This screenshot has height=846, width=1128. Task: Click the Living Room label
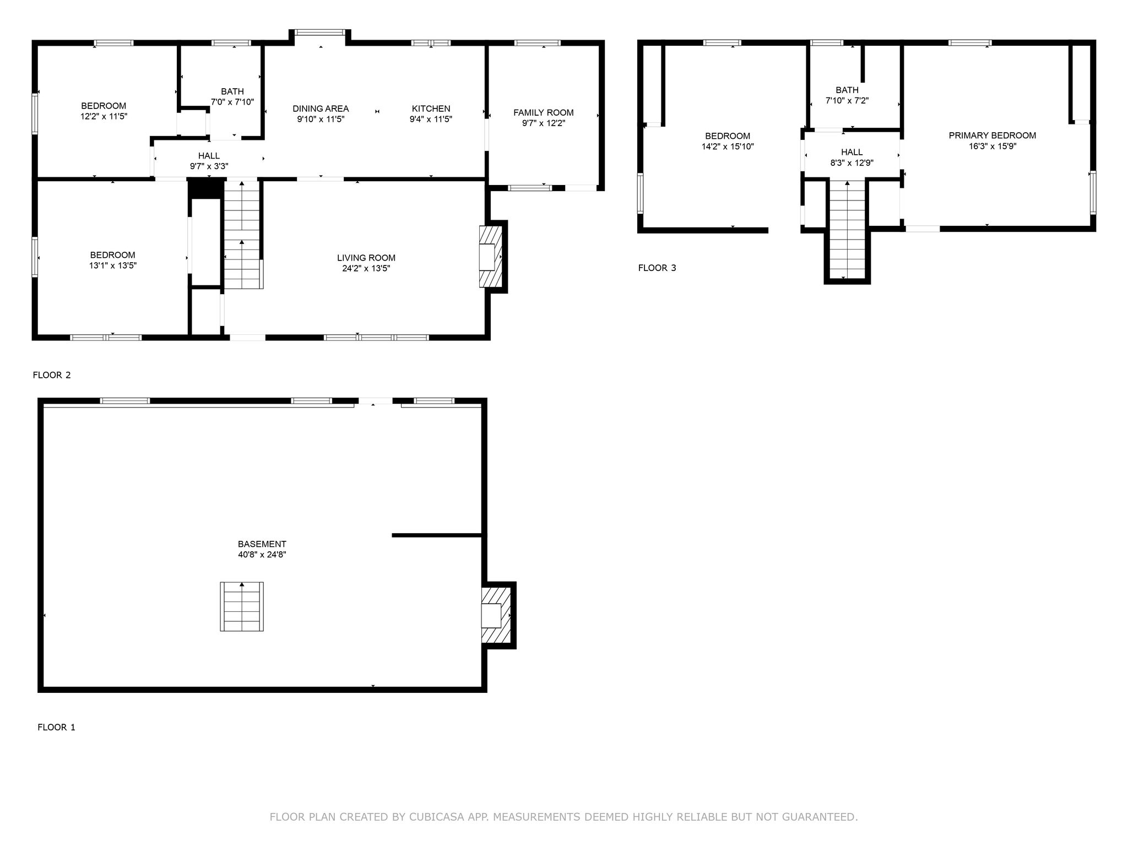(366, 258)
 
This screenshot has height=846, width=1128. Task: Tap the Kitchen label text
(431, 109)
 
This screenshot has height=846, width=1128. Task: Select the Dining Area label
(321, 109)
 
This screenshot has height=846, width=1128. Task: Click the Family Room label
(544, 112)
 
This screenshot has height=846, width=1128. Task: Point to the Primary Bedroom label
(992, 135)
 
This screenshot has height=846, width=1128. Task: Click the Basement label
(262, 544)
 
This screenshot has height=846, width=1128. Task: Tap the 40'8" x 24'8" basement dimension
(262, 555)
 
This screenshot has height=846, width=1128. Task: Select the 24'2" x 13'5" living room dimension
(366, 268)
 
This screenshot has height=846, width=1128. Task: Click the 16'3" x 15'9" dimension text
(992, 146)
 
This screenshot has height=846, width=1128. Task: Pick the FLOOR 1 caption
(56, 727)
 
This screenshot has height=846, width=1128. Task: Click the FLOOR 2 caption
(52, 375)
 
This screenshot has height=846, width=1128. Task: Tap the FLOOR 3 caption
(657, 268)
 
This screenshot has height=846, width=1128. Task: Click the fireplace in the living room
(490, 257)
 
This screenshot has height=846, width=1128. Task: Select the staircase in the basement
(242, 606)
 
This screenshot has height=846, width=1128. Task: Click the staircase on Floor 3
(847, 229)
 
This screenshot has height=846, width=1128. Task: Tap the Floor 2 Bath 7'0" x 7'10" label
(232, 96)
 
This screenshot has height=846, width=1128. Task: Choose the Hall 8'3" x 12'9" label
(852, 157)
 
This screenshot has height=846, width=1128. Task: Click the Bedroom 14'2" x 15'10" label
(728, 141)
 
